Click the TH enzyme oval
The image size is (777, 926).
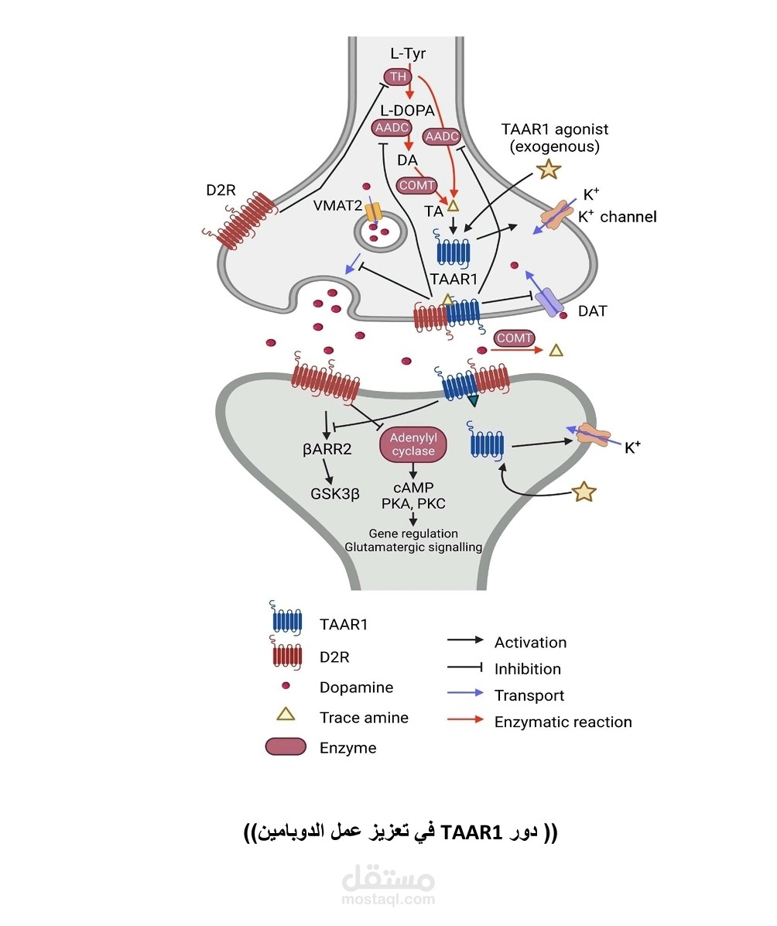pos(398,77)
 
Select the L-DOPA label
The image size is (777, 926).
pos(406,110)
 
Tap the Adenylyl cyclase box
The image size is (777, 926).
pos(413,445)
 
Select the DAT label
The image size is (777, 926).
pos(593,311)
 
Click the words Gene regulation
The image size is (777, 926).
pos(413,533)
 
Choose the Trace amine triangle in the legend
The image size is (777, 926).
pos(286,715)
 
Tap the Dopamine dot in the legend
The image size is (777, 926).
pos(286,686)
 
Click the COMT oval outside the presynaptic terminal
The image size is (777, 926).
pos(515,338)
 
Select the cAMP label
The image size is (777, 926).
pos(413,488)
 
